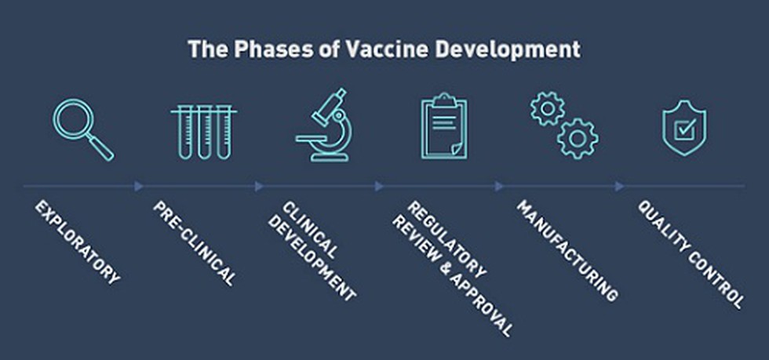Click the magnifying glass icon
tap(74, 120)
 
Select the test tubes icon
tap(204, 132)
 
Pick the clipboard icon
tap(444, 126)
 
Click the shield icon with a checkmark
tap(684, 128)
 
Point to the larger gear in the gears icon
tap(578, 139)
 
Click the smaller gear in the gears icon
tap(548, 109)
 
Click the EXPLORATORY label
tap(77, 242)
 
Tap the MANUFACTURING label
tap(567, 250)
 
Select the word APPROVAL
tap(479, 303)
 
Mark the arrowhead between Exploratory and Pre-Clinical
tap(139, 187)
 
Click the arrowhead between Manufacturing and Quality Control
tap(619, 187)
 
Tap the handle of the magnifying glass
tap(102, 148)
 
